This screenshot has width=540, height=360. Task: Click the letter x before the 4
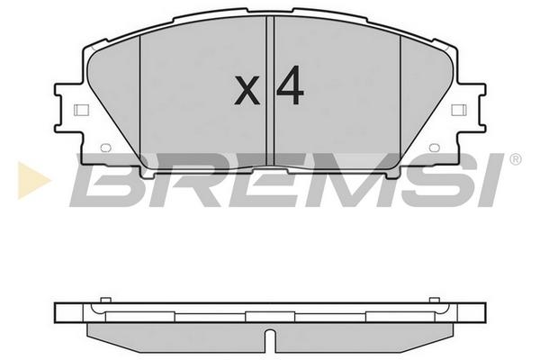click(247, 90)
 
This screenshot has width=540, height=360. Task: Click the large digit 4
click(290, 85)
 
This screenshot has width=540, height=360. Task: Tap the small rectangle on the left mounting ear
click(81, 110)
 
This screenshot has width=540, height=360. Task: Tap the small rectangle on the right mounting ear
click(459, 110)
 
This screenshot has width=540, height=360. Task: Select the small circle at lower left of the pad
click(105, 148)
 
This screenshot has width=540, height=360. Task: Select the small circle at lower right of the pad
click(435, 148)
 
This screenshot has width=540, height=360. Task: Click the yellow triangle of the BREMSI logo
click(32, 180)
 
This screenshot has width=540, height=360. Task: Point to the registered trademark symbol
click(516, 159)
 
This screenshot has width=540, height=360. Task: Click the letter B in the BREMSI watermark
click(107, 180)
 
